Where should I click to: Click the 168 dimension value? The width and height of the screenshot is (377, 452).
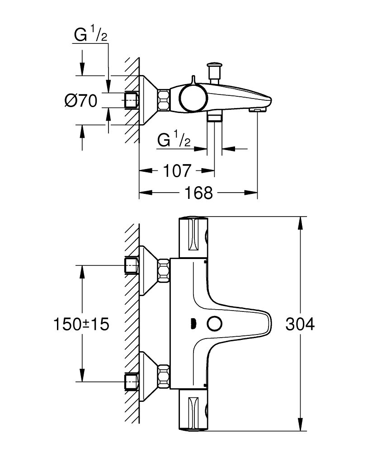pos(198,193)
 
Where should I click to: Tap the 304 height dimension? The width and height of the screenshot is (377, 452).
pos(300,324)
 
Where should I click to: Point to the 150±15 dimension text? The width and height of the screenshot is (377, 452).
pos(81,324)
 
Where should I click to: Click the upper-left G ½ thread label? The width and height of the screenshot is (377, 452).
pos(90,35)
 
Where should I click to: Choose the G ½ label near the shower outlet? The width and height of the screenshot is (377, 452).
pos(174,141)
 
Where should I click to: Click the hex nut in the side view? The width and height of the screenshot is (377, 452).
pos(164,100)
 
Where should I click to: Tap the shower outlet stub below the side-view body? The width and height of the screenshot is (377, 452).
pos(214,117)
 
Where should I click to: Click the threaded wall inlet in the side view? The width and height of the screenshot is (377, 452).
pos(132,100)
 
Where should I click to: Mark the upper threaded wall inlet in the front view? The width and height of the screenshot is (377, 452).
pos(132,265)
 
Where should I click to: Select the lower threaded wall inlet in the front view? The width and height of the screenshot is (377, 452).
pos(132,381)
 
